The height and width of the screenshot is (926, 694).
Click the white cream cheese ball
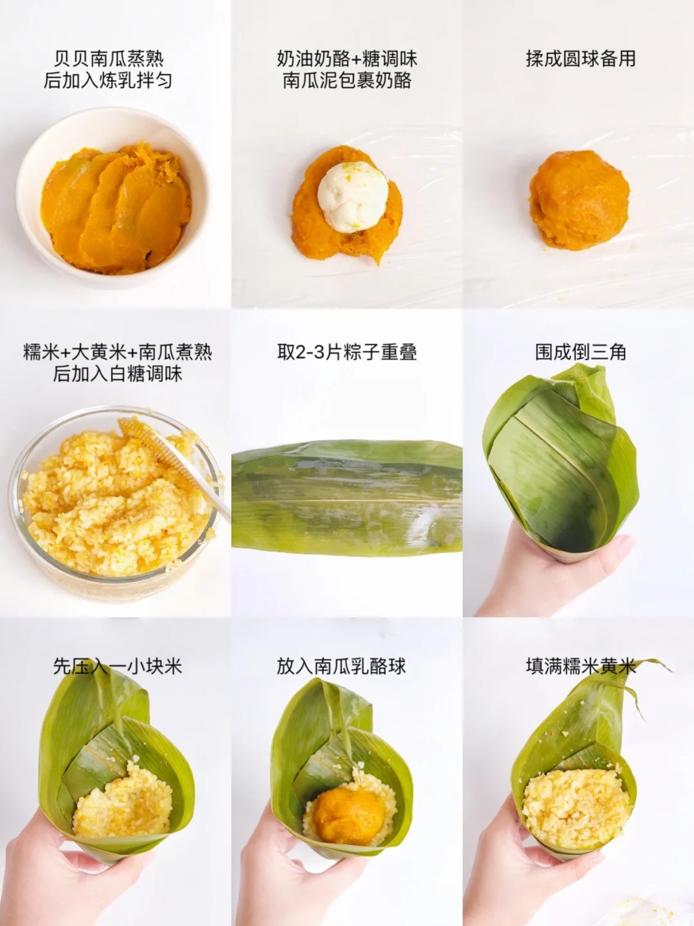pos(353,196)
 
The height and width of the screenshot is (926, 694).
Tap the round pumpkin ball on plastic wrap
pos(578,200)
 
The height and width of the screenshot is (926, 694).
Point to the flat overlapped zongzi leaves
pos(347,498)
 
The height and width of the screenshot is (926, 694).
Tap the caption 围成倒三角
pos(580,353)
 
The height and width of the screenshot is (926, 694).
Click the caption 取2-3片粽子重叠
pos(347,353)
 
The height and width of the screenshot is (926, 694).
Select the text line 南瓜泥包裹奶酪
pos(346,80)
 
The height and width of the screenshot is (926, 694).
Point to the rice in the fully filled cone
pos(576,806)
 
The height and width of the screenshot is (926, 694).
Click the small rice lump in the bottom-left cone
pos(123,803)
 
